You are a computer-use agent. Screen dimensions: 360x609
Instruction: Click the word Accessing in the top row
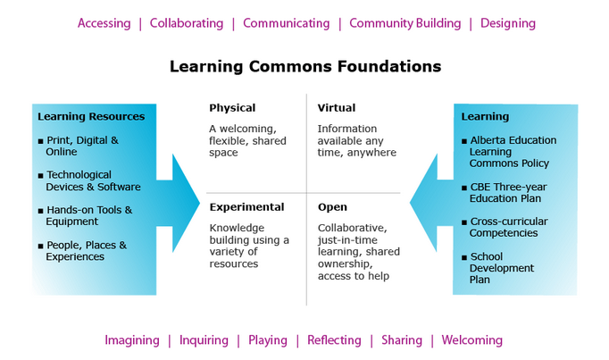click(x=104, y=23)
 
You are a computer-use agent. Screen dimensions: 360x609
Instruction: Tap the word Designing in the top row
click(x=508, y=23)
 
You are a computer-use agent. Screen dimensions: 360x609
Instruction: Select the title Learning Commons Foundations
click(x=305, y=67)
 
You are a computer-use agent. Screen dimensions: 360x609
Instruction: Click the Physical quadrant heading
click(x=232, y=108)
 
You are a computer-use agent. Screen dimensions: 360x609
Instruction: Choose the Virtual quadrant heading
click(x=337, y=108)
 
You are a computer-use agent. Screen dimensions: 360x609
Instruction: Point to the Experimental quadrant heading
click(x=246, y=207)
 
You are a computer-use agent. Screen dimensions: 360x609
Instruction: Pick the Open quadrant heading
click(x=332, y=207)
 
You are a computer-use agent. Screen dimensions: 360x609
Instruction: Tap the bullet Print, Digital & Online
click(x=81, y=146)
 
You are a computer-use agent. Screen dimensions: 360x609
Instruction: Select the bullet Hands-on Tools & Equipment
click(x=88, y=215)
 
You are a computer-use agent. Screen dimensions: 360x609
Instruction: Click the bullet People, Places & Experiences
click(x=86, y=251)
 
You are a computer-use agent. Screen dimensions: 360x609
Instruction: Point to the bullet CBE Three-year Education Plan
click(x=506, y=192)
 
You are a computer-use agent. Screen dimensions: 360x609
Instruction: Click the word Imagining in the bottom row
click(x=131, y=340)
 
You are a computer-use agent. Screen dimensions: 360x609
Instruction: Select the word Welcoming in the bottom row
click(x=471, y=340)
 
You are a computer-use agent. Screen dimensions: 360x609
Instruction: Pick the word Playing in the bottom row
click(x=268, y=340)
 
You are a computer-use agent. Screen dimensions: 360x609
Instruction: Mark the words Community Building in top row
click(x=405, y=23)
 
